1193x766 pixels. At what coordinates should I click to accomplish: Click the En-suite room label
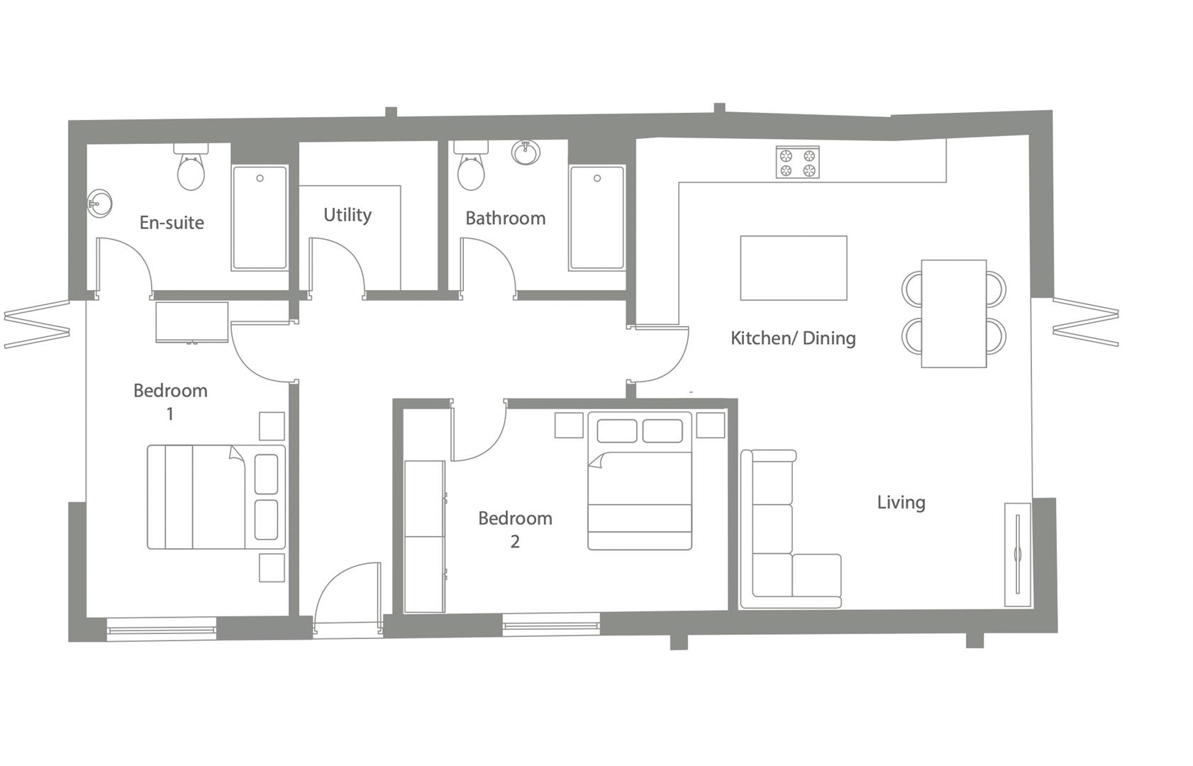172,223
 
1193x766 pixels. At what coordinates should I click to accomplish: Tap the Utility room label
347,215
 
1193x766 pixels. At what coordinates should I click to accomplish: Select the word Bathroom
505,218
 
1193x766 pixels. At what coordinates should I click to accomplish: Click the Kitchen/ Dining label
793,338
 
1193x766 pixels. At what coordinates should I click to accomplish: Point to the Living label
901,503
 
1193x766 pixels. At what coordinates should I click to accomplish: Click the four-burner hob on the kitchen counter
797,162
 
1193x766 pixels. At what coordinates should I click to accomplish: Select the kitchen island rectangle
793,268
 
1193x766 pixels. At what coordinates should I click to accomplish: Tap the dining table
953,313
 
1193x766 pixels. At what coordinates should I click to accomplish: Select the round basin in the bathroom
526,152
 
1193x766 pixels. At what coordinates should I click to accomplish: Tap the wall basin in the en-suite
99,204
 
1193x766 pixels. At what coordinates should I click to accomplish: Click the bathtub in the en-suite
260,218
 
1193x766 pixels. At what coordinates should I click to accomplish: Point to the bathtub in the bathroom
597,218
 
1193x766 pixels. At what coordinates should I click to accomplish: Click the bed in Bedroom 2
640,482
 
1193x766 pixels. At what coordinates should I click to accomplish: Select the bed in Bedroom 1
216,497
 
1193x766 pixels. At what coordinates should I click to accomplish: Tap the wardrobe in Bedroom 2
424,536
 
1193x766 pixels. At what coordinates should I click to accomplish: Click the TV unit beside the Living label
1017,555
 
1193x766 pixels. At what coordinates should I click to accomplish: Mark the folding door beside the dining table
1085,323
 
